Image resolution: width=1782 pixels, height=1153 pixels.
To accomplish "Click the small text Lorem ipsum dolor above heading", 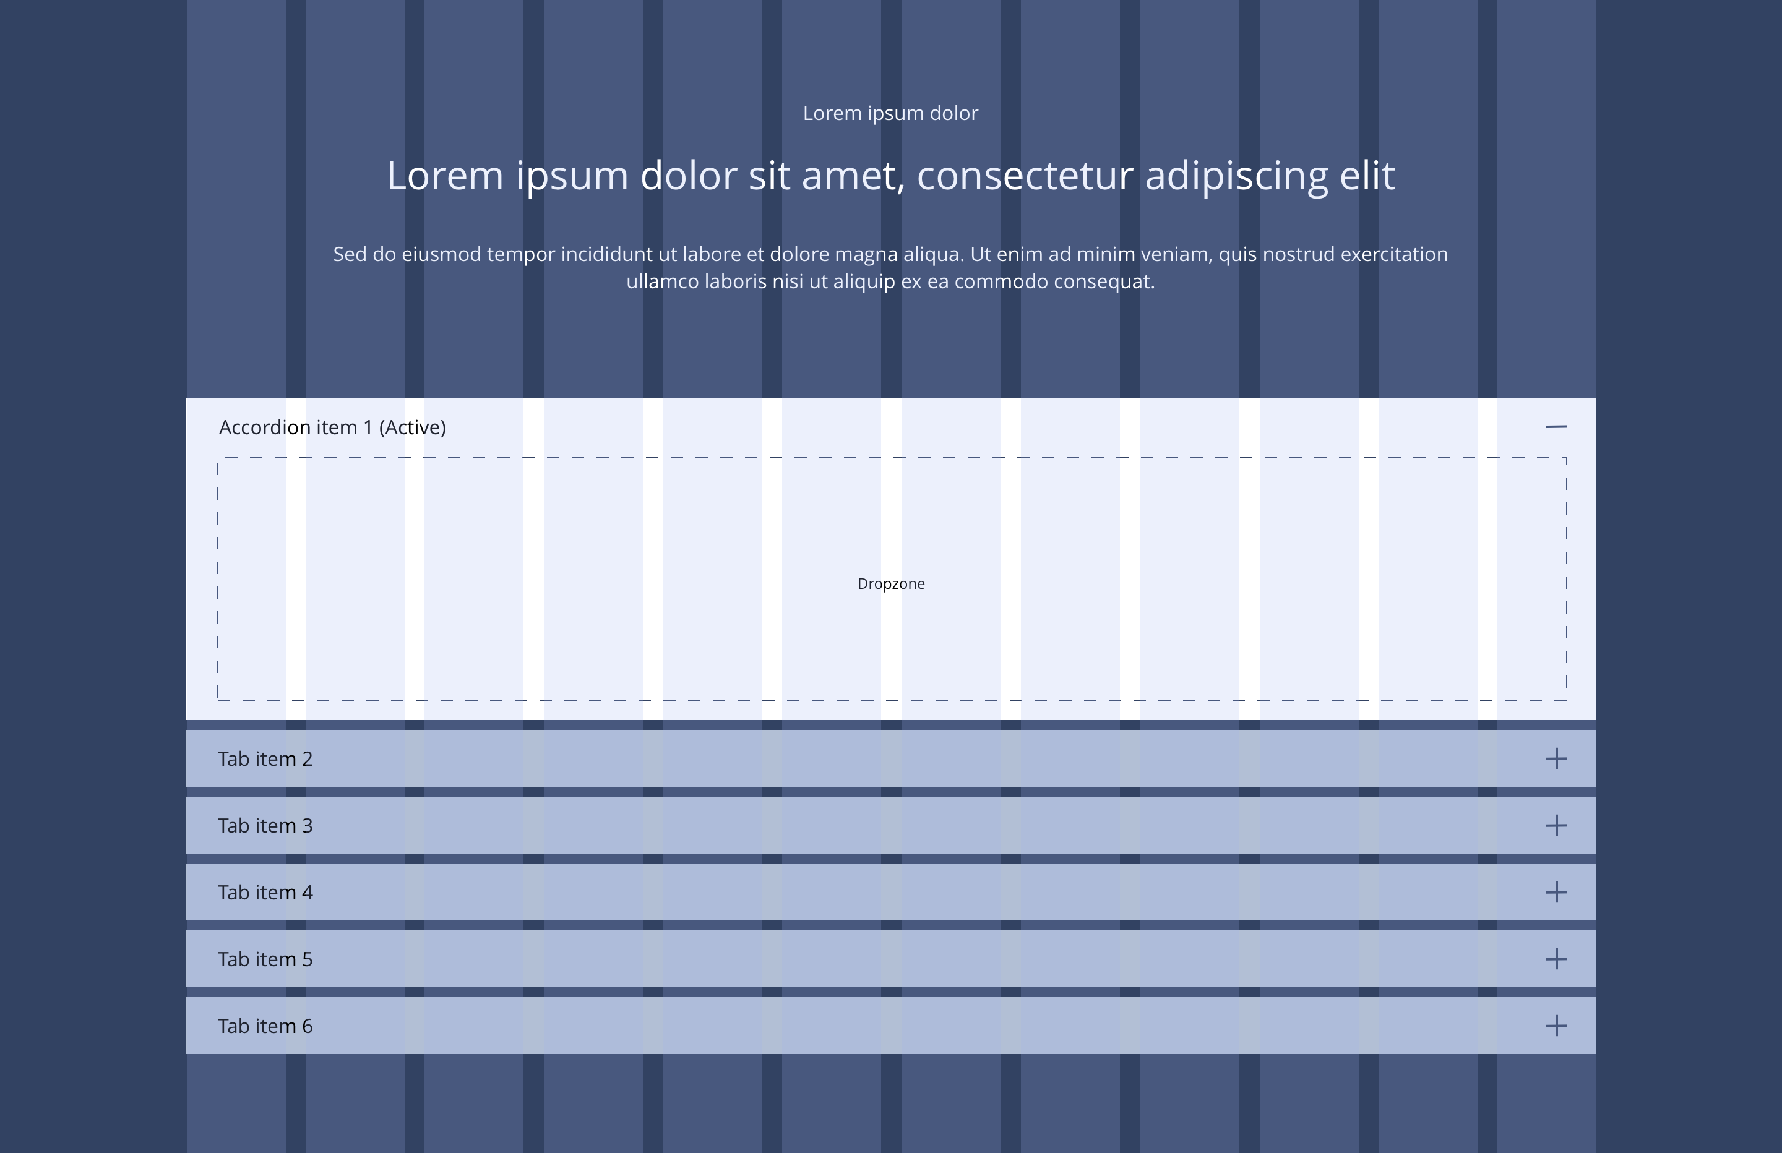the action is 890,113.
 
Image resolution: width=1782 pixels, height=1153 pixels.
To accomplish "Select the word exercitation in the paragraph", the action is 1394,255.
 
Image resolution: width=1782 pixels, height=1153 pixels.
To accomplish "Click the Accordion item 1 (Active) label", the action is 332,427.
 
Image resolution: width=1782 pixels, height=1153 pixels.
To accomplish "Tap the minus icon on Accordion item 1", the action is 1556,427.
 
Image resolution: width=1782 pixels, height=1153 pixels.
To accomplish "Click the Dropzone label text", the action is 891,584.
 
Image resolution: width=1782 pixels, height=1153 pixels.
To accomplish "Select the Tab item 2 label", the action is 265,759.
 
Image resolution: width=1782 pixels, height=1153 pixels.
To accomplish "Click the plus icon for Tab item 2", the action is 1556,758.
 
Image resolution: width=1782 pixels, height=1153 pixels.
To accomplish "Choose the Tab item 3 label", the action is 265,826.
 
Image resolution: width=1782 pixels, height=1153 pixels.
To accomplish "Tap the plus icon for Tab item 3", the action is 1556,825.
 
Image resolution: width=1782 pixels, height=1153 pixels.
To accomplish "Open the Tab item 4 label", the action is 265,893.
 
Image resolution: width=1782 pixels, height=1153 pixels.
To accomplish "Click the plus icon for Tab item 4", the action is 1556,892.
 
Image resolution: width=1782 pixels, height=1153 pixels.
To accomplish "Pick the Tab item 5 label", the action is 265,959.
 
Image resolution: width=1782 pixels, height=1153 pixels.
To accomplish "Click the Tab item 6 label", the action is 265,1026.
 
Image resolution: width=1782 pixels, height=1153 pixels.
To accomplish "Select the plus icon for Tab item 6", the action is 1556,1025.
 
